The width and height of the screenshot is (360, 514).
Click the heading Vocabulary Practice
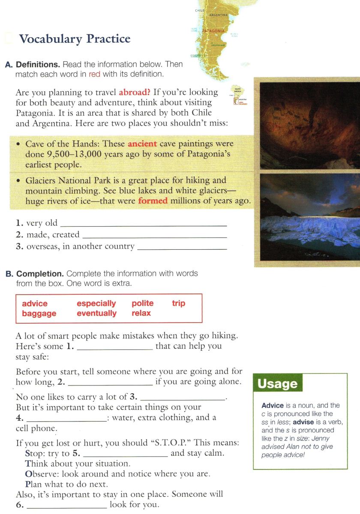[x=75, y=39]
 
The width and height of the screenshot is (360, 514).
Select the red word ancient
[x=142, y=144]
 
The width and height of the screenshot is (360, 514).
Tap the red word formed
[x=153, y=200]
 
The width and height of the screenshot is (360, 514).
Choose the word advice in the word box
[x=35, y=304]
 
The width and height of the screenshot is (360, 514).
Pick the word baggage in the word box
[x=39, y=314]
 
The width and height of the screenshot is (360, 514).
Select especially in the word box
[x=96, y=304]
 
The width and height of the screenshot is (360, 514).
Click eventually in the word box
[x=96, y=314]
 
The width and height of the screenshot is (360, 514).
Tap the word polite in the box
[x=143, y=304]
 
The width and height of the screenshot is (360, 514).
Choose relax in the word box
[x=141, y=314]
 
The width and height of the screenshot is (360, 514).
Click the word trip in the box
[x=179, y=304]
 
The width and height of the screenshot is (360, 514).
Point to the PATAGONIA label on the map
[x=213, y=31]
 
